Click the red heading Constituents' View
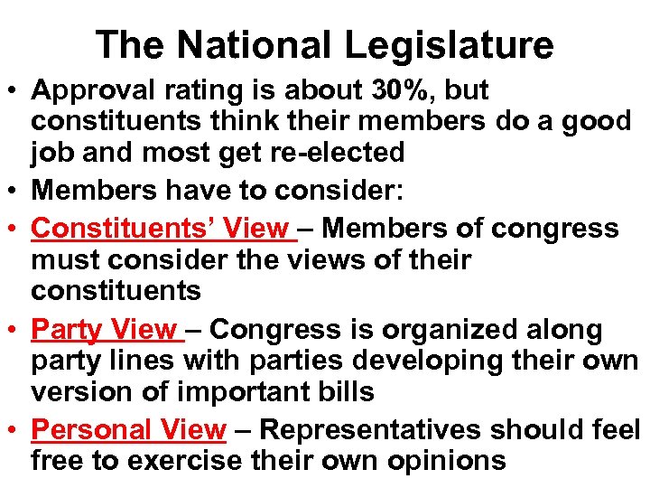click(160, 229)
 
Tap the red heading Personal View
click(127, 429)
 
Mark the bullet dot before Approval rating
click(14, 91)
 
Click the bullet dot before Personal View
click(14, 430)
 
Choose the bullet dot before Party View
click(14, 331)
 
